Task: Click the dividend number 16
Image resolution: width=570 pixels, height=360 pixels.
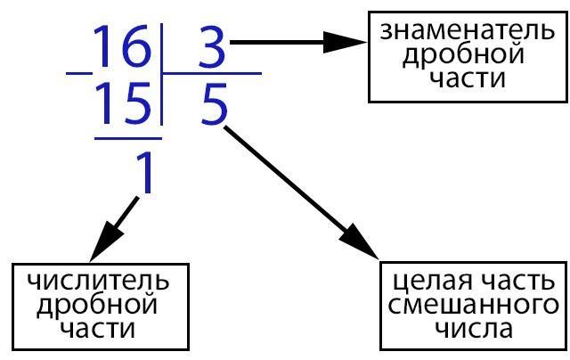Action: click(x=122, y=45)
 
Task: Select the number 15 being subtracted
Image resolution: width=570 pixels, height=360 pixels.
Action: click(x=124, y=103)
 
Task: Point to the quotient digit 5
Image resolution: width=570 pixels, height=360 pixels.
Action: click(x=215, y=104)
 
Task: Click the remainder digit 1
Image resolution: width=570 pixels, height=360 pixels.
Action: click(x=143, y=172)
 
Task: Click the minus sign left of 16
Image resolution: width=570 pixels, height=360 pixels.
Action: click(x=79, y=73)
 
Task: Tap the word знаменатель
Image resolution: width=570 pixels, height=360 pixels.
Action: click(x=468, y=31)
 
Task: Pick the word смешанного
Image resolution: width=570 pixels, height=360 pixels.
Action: click(x=473, y=306)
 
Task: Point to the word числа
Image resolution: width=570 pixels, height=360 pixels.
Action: click(x=474, y=329)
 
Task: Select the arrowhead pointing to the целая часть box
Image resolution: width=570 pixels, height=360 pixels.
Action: click(x=359, y=241)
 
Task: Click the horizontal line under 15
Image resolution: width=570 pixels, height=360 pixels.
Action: click(x=128, y=138)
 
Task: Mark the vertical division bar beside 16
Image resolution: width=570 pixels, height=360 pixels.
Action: click(x=160, y=75)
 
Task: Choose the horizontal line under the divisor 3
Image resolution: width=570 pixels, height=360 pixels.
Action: click(x=212, y=73)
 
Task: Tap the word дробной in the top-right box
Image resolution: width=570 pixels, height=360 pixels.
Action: click(x=463, y=55)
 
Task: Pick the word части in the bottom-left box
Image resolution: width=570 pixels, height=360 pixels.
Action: click(x=97, y=329)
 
